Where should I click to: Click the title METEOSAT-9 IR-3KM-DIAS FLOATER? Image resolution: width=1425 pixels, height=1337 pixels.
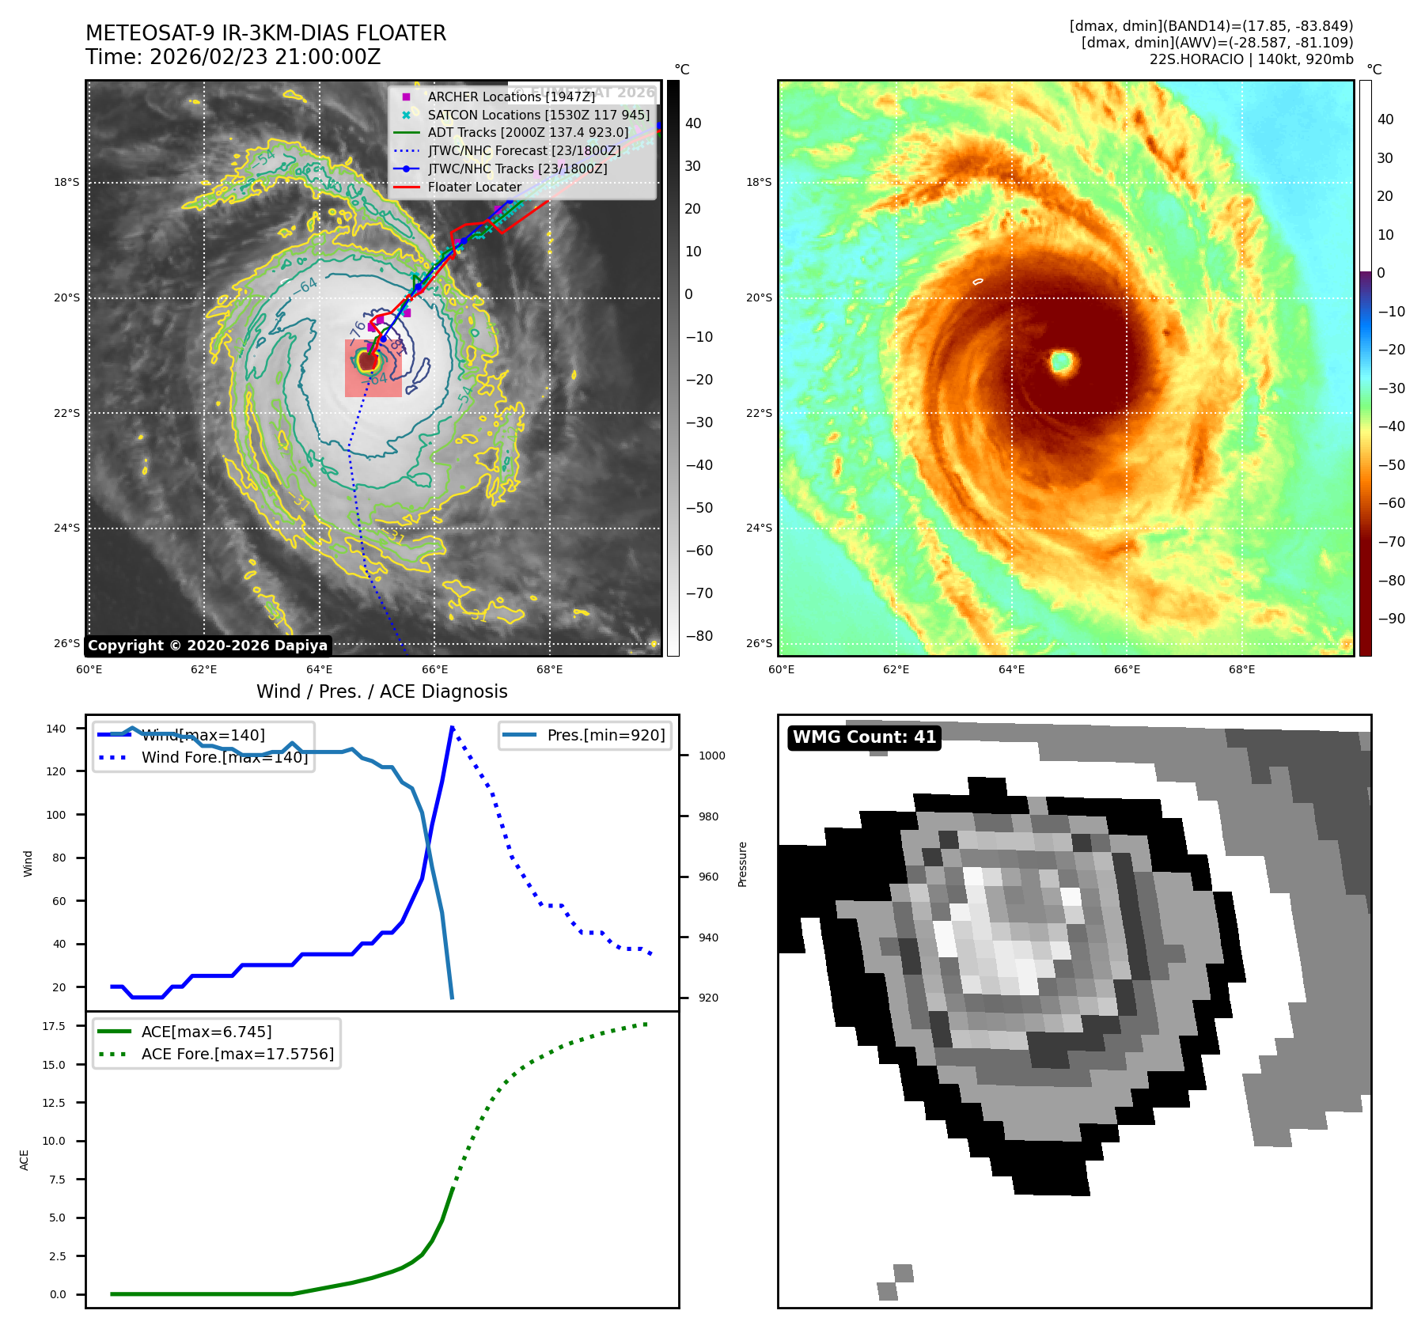(266, 33)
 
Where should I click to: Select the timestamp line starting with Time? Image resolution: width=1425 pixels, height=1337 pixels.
(233, 57)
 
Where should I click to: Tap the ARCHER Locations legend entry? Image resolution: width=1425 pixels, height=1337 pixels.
(511, 97)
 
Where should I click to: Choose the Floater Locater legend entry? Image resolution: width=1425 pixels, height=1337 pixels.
(474, 187)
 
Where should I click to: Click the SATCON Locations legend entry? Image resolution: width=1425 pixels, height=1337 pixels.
(538, 115)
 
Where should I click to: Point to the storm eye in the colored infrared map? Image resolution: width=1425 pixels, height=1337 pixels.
(1061, 362)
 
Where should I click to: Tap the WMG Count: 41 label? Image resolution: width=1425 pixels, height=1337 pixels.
(864, 737)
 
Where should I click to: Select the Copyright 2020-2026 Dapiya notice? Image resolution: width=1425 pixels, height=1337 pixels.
(207, 646)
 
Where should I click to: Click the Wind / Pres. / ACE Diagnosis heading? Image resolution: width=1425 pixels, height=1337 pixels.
(382, 691)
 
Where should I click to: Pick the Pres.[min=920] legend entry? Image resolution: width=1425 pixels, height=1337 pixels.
(606, 735)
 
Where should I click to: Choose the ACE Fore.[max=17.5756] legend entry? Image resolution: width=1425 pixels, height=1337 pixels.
(237, 1054)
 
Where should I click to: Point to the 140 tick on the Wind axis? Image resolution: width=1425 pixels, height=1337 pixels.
(56, 729)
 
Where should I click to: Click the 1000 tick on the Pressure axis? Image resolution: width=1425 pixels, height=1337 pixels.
(711, 756)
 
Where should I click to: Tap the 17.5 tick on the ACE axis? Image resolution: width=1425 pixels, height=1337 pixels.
(54, 1026)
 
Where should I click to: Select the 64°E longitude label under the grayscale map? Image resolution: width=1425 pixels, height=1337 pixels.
(320, 670)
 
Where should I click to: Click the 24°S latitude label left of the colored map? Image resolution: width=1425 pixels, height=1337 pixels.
(759, 528)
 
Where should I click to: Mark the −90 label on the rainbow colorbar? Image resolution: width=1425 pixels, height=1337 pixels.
(1391, 619)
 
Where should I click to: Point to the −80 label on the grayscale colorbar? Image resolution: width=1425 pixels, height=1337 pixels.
(699, 636)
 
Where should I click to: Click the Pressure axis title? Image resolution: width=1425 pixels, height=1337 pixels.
(742, 864)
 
